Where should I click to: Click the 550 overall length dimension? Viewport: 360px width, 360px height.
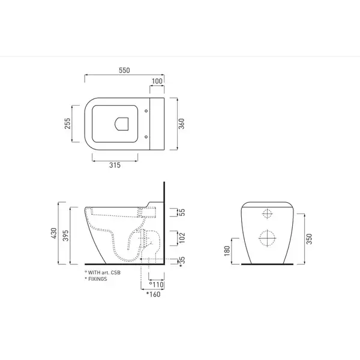pyautogui.click(x=124, y=70)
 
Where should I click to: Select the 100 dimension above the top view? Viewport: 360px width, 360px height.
pyautogui.click(x=157, y=81)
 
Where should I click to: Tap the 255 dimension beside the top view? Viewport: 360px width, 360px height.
pyautogui.click(x=67, y=124)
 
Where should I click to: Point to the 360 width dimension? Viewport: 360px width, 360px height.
pyautogui.click(x=181, y=124)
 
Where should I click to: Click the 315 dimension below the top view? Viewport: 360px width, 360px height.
pyautogui.click(x=115, y=165)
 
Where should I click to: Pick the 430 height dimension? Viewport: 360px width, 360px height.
pyautogui.click(x=54, y=233)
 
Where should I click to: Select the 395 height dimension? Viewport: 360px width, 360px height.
pyautogui.click(x=65, y=236)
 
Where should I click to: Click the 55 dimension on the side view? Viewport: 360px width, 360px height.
pyautogui.click(x=182, y=212)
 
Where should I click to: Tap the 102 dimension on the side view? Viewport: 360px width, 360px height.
pyautogui.click(x=182, y=238)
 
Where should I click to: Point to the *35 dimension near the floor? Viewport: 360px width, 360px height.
pyautogui.click(x=182, y=262)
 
